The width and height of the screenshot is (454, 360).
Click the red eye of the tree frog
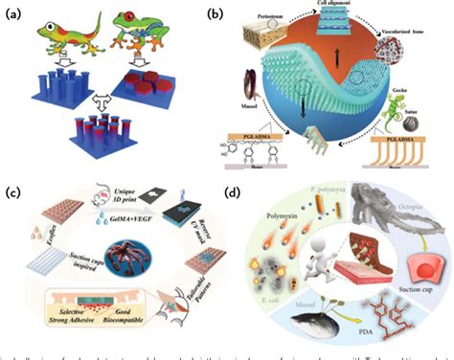(140, 17)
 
